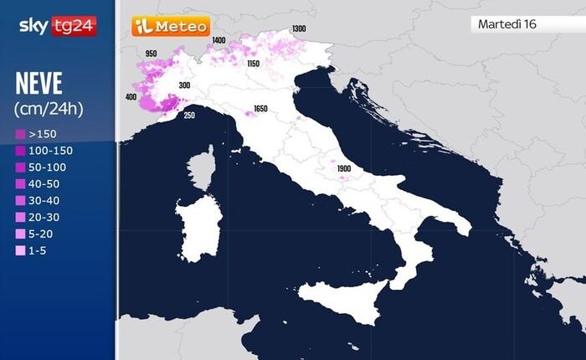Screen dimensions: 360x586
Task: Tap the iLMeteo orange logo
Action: click(x=170, y=27)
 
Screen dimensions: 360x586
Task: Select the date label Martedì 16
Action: click(x=506, y=23)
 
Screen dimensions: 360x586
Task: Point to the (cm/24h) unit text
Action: click(x=49, y=109)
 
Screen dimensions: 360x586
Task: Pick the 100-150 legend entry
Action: click(x=47, y=151)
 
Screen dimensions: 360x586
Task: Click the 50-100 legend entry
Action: click(x=44, y=167)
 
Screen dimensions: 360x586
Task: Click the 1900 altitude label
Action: click(x=342, y=168)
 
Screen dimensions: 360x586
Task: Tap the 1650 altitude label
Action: click(x=260, y=109)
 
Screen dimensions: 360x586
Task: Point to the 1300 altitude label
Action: click(x=298, y=29)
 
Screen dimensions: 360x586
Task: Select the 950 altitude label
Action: click(x=151, y=54)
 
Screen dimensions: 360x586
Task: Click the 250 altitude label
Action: click(x=189, y=116)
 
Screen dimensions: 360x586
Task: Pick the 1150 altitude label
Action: click(x=253, y=64)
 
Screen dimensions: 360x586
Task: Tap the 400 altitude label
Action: click(x=131, y=96)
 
